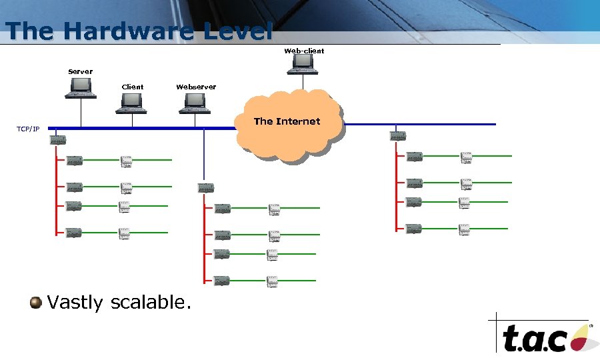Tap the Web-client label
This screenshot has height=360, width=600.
(304, 51)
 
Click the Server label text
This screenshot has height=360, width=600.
(81, 71)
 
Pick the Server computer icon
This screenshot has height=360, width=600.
(81, 88)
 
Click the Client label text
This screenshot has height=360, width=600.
(132, 87)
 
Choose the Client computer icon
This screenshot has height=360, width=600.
(132, 103)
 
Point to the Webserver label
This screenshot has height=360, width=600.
(196, 87)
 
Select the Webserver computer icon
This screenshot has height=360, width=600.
(195, 103)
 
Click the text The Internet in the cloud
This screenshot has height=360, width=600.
(287, 121)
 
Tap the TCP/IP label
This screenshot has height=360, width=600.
(28, 129)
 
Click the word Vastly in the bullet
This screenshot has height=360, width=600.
(75, 303)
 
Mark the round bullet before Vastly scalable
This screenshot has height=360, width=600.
(36, 303)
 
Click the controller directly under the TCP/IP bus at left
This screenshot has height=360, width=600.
(57, 139)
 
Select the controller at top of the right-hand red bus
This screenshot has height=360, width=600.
(398, 136)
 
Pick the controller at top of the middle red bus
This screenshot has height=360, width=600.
(206, 188)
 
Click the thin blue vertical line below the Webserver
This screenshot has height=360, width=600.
(204, 157)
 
